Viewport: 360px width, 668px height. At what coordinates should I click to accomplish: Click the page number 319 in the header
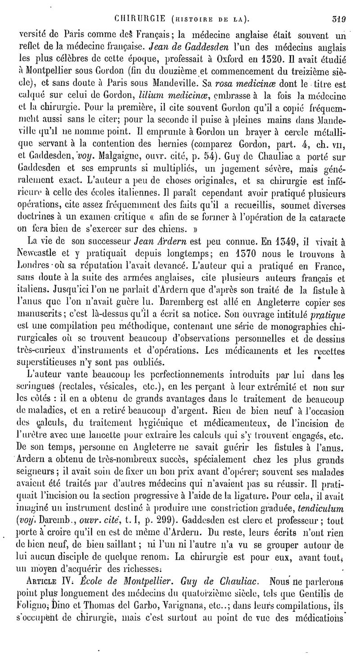click(345, 20)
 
